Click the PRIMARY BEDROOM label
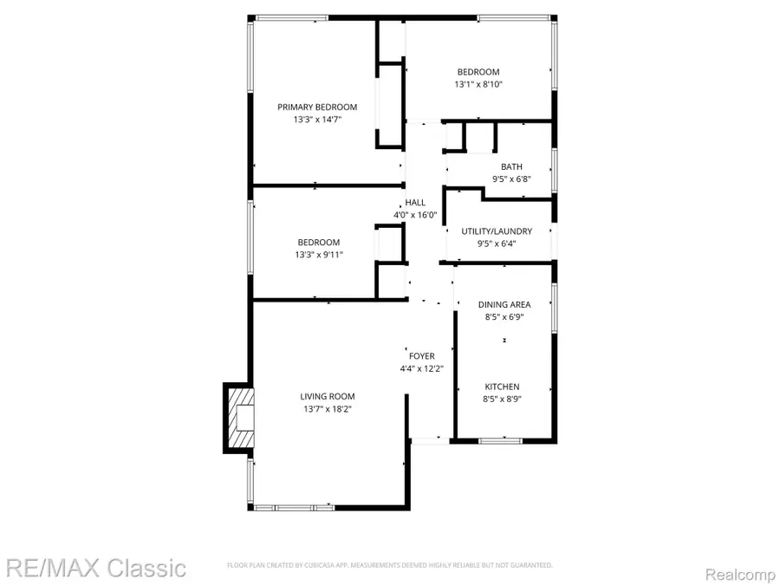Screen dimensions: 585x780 (317, 107)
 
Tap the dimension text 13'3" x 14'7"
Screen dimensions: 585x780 (317, 120)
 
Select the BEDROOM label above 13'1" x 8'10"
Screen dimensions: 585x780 (478, 72)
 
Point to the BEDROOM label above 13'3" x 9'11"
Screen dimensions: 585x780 (319, 243)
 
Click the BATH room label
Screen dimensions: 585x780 (511, 167)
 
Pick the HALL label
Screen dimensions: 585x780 (415, 203)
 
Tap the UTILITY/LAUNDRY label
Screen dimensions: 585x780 (497, 231)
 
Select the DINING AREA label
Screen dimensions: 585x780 (504, 305)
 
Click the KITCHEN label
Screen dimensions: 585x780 (502, 387)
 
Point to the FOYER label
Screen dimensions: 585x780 (421, 356)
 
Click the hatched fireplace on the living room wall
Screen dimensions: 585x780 (238, 418)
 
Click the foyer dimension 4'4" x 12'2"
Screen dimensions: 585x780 (421, 369)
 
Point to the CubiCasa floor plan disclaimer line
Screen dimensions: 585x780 (389, 565)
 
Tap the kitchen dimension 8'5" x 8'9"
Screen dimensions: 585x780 (502, 400)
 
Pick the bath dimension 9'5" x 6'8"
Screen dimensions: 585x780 (511, 180)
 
